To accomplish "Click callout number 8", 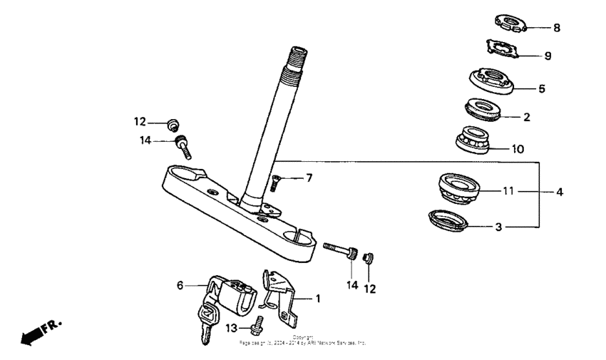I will (x=557, y=28).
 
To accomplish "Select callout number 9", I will (x=548, y=55).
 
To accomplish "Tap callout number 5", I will (x=541, y=89).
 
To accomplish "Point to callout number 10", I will (x=518, y=150).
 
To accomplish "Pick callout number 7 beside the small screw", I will (x=309, y=178).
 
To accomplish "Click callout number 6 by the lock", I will (x=180, y=285).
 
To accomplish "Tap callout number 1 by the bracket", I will (x=319, y=299).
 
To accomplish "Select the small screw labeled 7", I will (x=274, y=183).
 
